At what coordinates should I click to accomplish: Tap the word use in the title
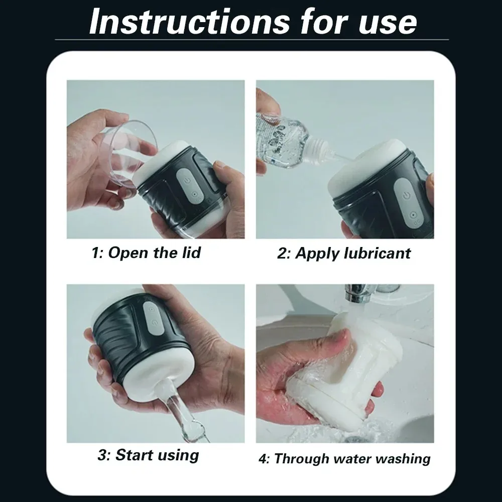(388, 23)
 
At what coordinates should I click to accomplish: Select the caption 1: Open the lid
(146, 253)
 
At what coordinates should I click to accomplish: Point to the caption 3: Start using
(148, 455)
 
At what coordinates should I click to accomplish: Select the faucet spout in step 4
(355, 295)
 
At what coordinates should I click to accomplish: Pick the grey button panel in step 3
(154, 319)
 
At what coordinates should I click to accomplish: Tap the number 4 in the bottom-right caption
(263, 459)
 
